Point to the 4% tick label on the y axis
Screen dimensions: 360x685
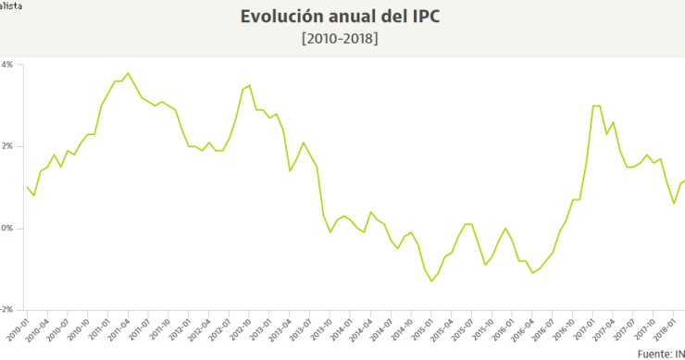(x=6, y=65)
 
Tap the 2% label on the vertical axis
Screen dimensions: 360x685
(x=6, y=146)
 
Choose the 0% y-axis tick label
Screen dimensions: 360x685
(x=6, y=228)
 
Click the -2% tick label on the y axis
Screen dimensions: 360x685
(x=6, y=309)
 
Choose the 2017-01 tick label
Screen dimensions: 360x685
(x=588, y=329)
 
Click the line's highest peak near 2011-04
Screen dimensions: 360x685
(x=128, y=73)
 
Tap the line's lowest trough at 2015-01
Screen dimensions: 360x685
(x=431, y=281)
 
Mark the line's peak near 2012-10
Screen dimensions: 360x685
(x=249, y=85)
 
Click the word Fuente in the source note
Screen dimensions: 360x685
(x=654, y=354)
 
